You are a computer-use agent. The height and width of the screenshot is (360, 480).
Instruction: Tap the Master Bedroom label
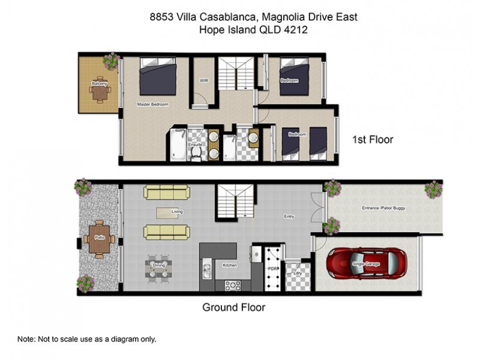coord(152,104)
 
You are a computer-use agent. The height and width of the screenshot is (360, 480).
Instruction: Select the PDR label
coord(271,268)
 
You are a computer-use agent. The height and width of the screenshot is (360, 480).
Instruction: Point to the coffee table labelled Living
coord(167,212)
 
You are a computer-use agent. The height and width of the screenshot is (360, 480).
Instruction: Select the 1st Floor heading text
coord(372,140)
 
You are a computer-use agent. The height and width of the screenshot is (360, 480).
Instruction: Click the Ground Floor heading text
coord(233,307)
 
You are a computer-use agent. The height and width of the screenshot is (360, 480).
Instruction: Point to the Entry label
coord(289,217)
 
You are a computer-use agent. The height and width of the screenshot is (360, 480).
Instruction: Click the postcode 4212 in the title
coord(295,30)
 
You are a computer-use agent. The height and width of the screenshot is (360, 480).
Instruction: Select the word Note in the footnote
coord(26,339)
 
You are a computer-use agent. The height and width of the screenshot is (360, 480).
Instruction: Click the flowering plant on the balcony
coord(111,60)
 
